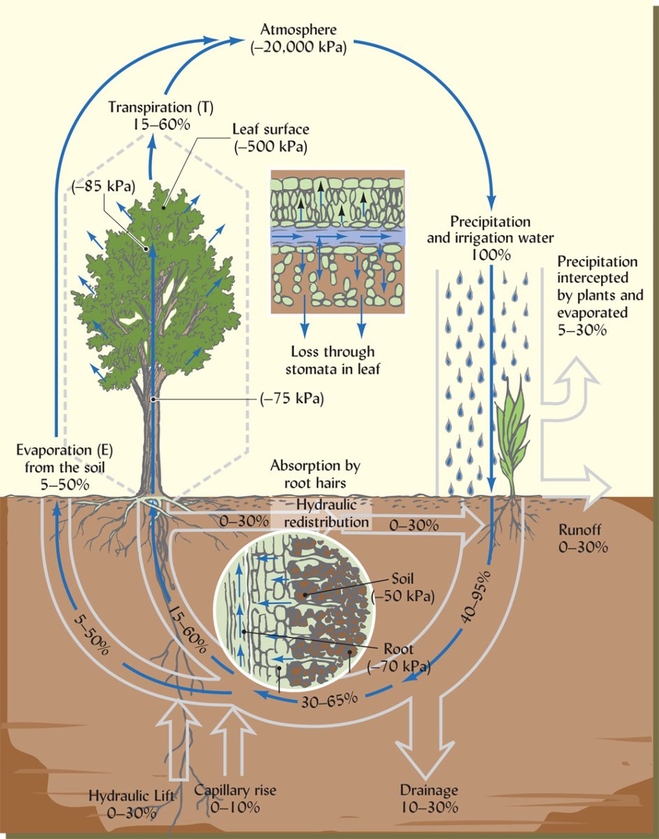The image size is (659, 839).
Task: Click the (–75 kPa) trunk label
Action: click(292, 399)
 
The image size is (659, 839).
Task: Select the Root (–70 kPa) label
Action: click(398, 658)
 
